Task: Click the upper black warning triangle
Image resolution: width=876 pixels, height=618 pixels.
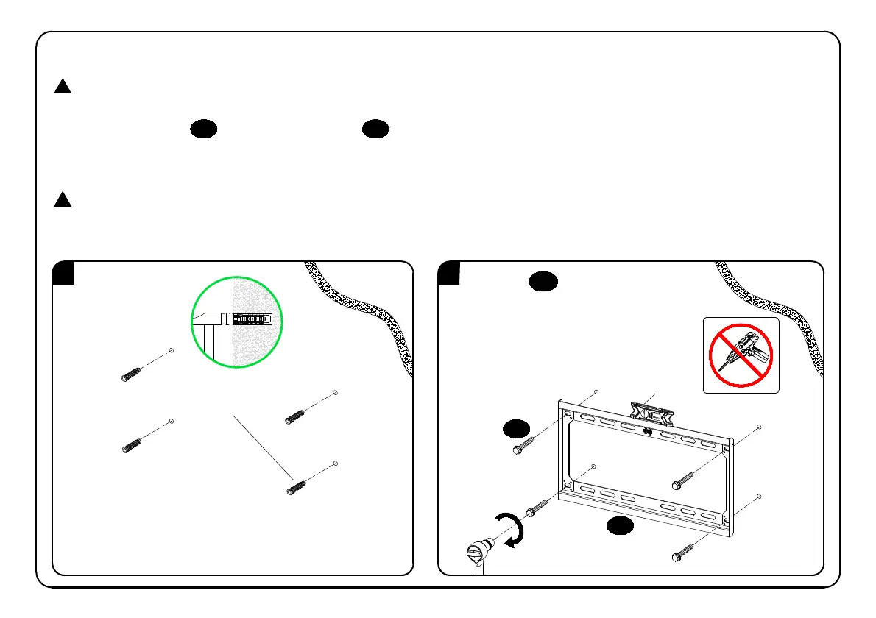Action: [63, 87]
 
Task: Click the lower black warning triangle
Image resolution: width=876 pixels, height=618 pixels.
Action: [63, 199]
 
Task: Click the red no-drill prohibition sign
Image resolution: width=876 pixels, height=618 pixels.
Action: [741, 355]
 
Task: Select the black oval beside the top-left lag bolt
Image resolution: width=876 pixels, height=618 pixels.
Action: [516, 428]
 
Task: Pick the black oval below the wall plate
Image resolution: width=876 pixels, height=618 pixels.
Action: [621, 525]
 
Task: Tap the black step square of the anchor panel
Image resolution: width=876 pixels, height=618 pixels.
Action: [63, 273]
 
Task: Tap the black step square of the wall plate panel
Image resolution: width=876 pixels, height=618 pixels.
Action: [448, 273]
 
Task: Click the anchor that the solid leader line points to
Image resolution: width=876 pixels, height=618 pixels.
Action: [296, 488]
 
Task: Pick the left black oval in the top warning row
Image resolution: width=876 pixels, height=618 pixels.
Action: [204, 129]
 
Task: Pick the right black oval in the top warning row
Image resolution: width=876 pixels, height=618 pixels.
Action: [375, 129]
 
